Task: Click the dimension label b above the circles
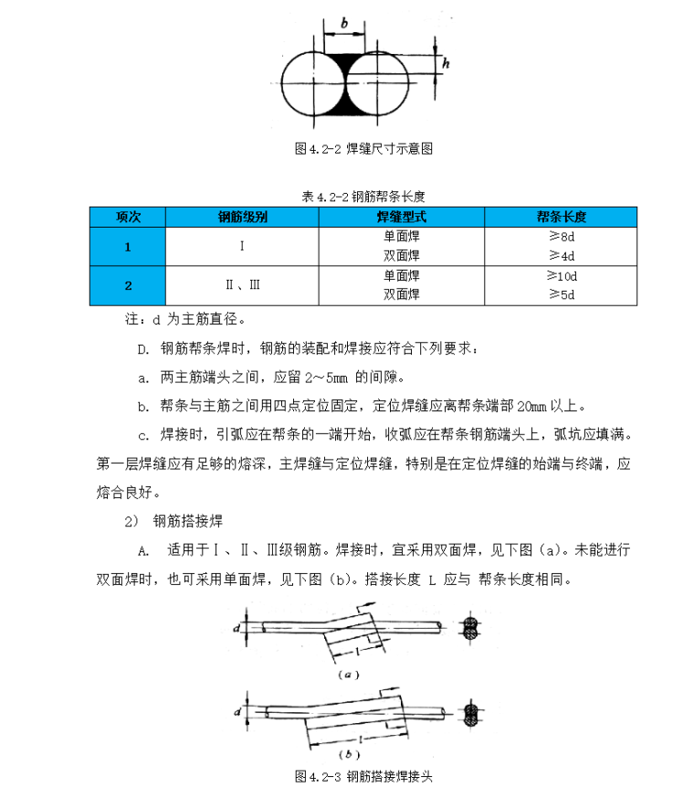click(343, 21)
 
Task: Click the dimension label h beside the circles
click(446, 63)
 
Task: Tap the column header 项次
click(128, 218)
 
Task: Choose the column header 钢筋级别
click(242, 218)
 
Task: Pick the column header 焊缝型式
click(401, 218)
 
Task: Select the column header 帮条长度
click(561, 218)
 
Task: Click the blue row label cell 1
click(128, 246)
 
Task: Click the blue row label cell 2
click(128, 285)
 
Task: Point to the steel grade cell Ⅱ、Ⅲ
click(242, 285)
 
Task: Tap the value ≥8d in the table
click(561, 237)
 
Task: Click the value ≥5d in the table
click(561, 294)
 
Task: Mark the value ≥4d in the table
click(561, 255)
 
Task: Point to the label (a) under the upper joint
click(347, 676)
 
